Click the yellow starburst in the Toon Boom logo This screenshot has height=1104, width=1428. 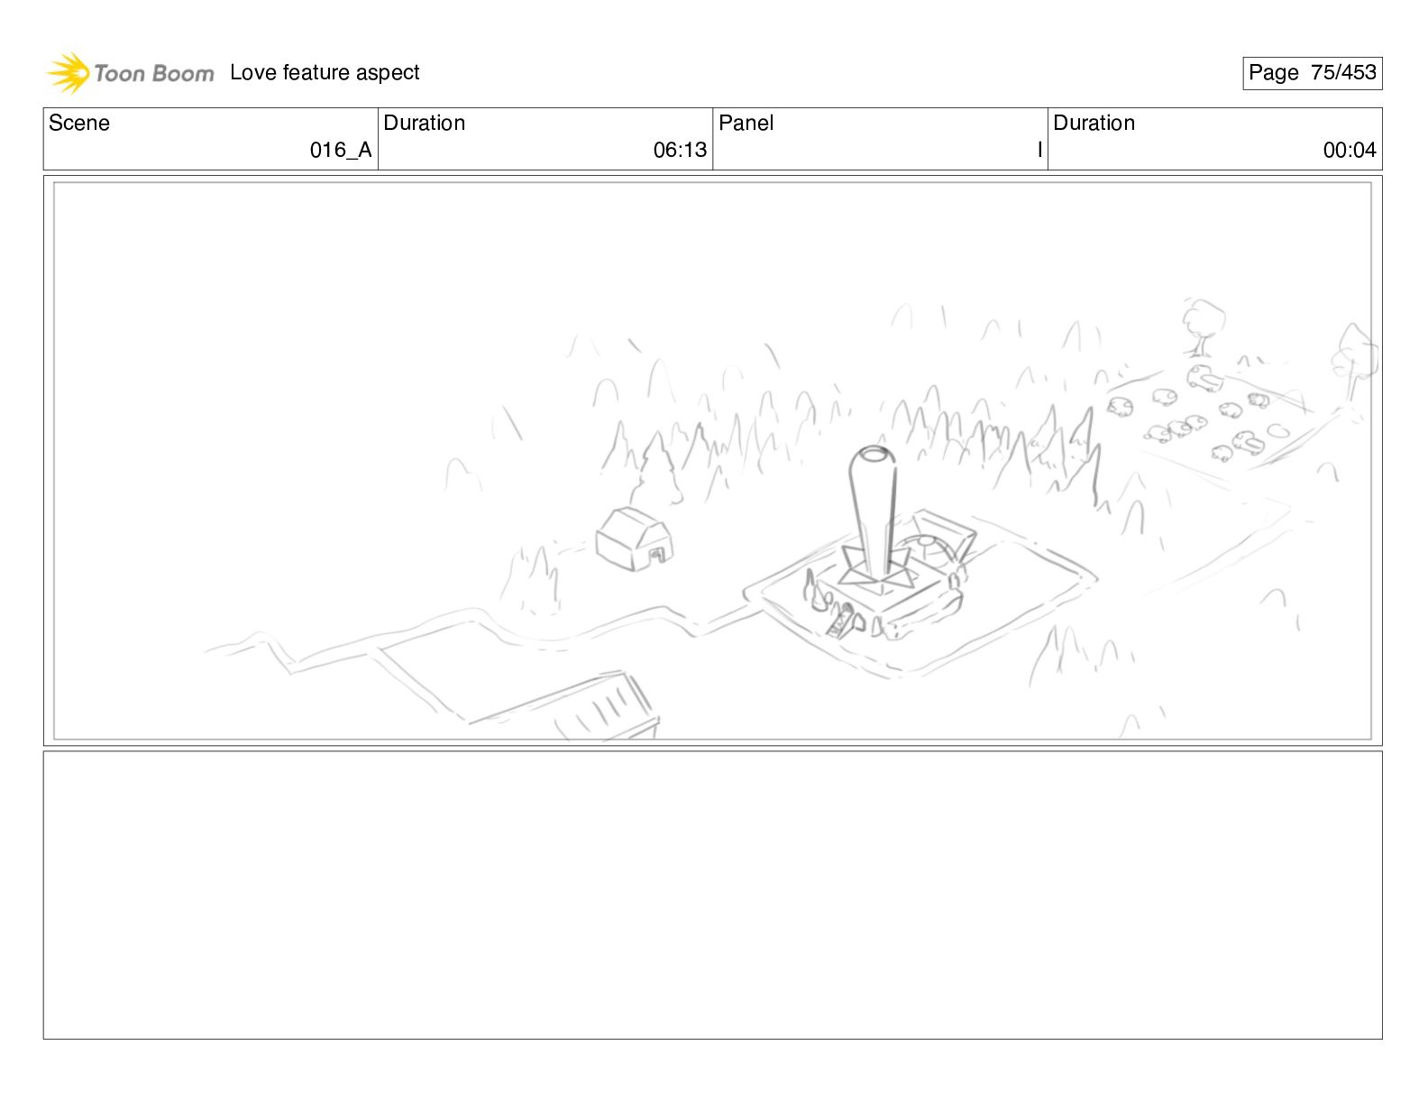coord(69,72)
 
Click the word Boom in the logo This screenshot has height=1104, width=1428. coord(183,73)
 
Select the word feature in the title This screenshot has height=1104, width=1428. coord(316,71)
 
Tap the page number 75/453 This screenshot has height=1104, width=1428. coord(1343,72)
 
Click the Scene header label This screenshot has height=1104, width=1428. coord(78,123)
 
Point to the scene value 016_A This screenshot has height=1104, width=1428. coord(341,151)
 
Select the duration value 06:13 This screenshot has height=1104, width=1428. coord(680,151)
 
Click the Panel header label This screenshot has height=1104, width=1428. coord(746,123)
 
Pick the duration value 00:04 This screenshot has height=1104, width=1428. coord(1350,151)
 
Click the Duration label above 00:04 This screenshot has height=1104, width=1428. coord(1094,123)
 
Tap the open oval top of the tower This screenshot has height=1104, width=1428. coord(874,454)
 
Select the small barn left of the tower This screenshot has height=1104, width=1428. coord(634,539)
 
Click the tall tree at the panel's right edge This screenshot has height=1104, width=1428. coord(1354,365)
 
